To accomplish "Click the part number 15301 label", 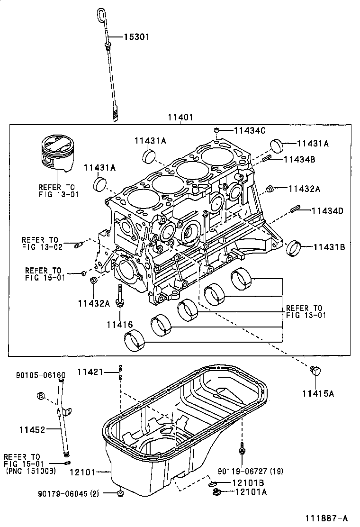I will pyautogui.click(x=137, y=36).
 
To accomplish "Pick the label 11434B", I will pyautogui.click(x=299, y=159).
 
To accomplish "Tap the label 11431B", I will pyautogui.click(x=329, y=247).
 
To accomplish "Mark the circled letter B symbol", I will pyautogui.click(x=41, y=396).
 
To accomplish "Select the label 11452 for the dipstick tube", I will pyautogui.click(x=32, y=430).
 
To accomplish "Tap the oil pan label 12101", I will pyautogui.click(x=82, y=472).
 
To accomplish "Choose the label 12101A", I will pyautogui.click(x=250, y=492).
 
